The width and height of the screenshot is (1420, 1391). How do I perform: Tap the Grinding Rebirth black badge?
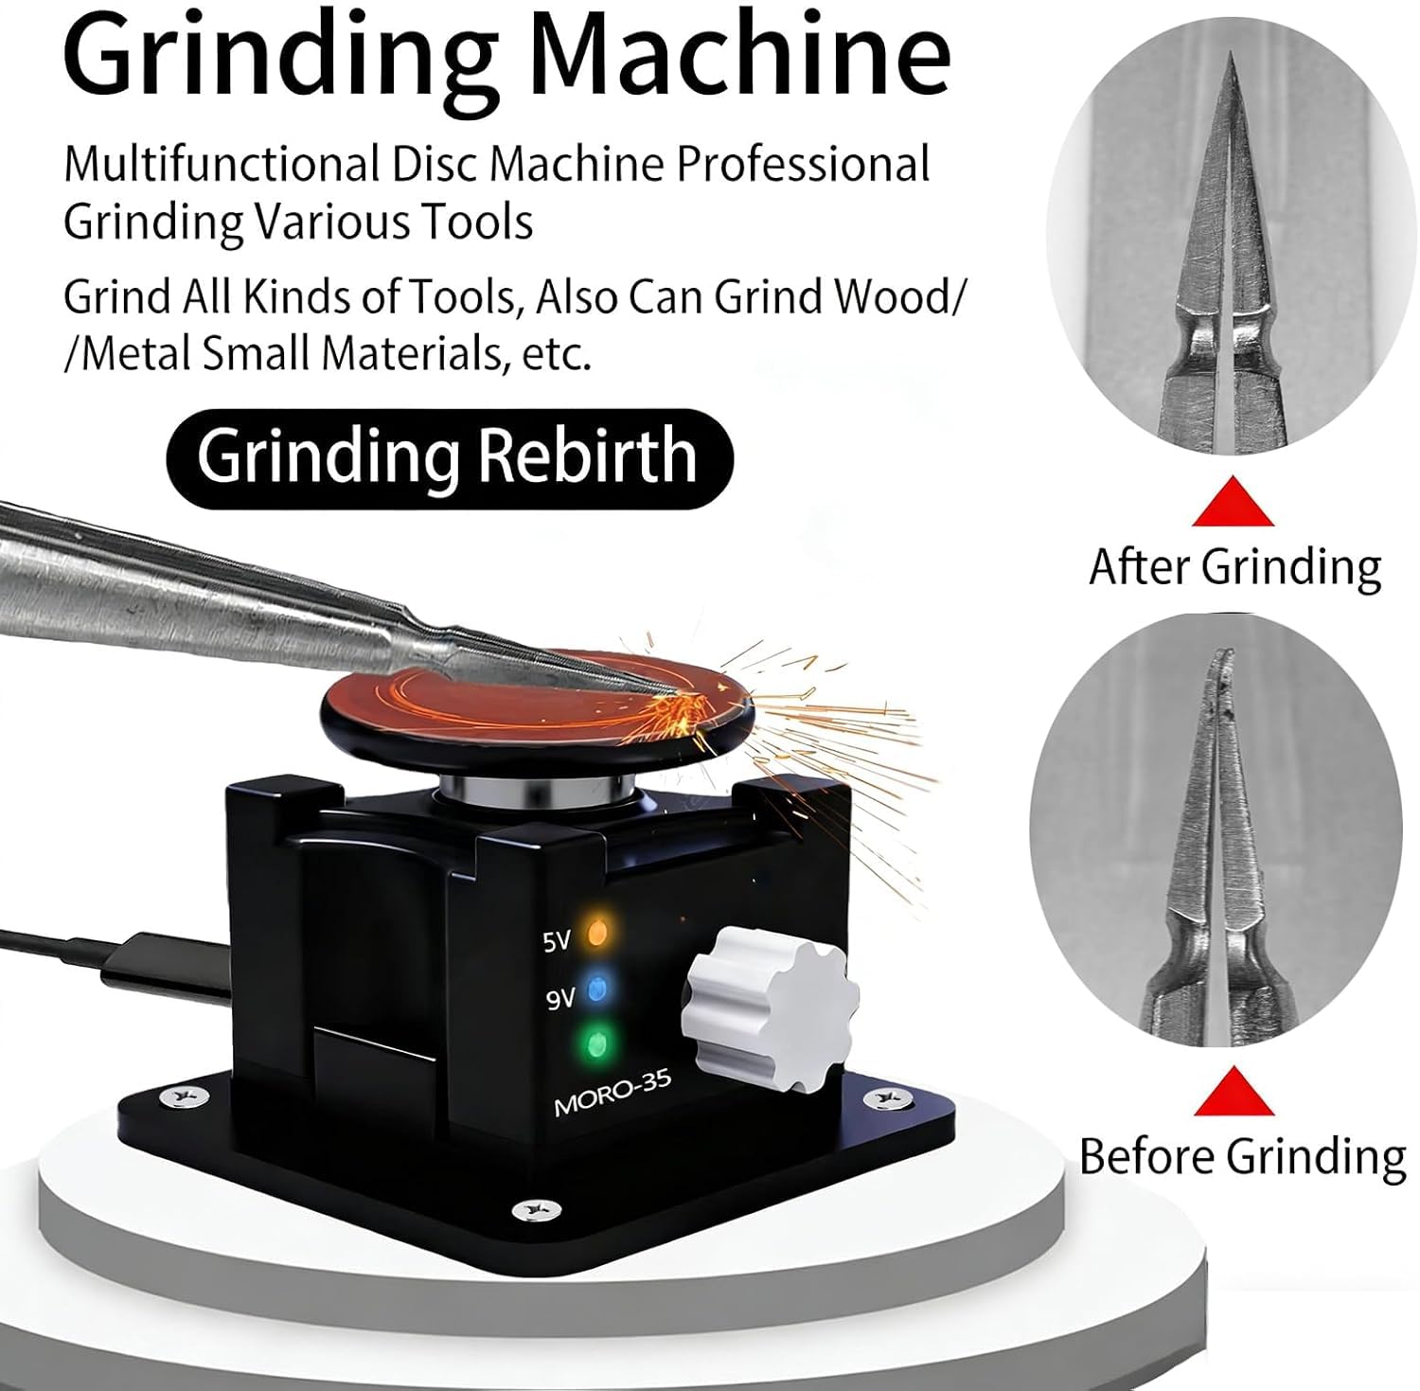[449, 457]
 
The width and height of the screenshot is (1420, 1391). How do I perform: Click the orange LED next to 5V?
[596, 932]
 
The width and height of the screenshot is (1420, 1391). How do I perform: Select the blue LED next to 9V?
[596, 990]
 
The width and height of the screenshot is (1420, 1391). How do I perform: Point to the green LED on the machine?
[596, 1044]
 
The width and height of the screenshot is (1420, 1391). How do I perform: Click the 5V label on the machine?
[557, 942]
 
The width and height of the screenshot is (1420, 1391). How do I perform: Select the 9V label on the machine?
[560, 998]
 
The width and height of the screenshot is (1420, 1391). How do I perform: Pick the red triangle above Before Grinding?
[1233, 1091]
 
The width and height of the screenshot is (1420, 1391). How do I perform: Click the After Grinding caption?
[1234, 567]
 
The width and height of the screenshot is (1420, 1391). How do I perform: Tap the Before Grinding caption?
[1242, 1156]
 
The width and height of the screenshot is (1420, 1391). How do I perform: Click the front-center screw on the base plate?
[524, 1210]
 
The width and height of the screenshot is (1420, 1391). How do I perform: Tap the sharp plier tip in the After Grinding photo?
[1231, 59]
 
